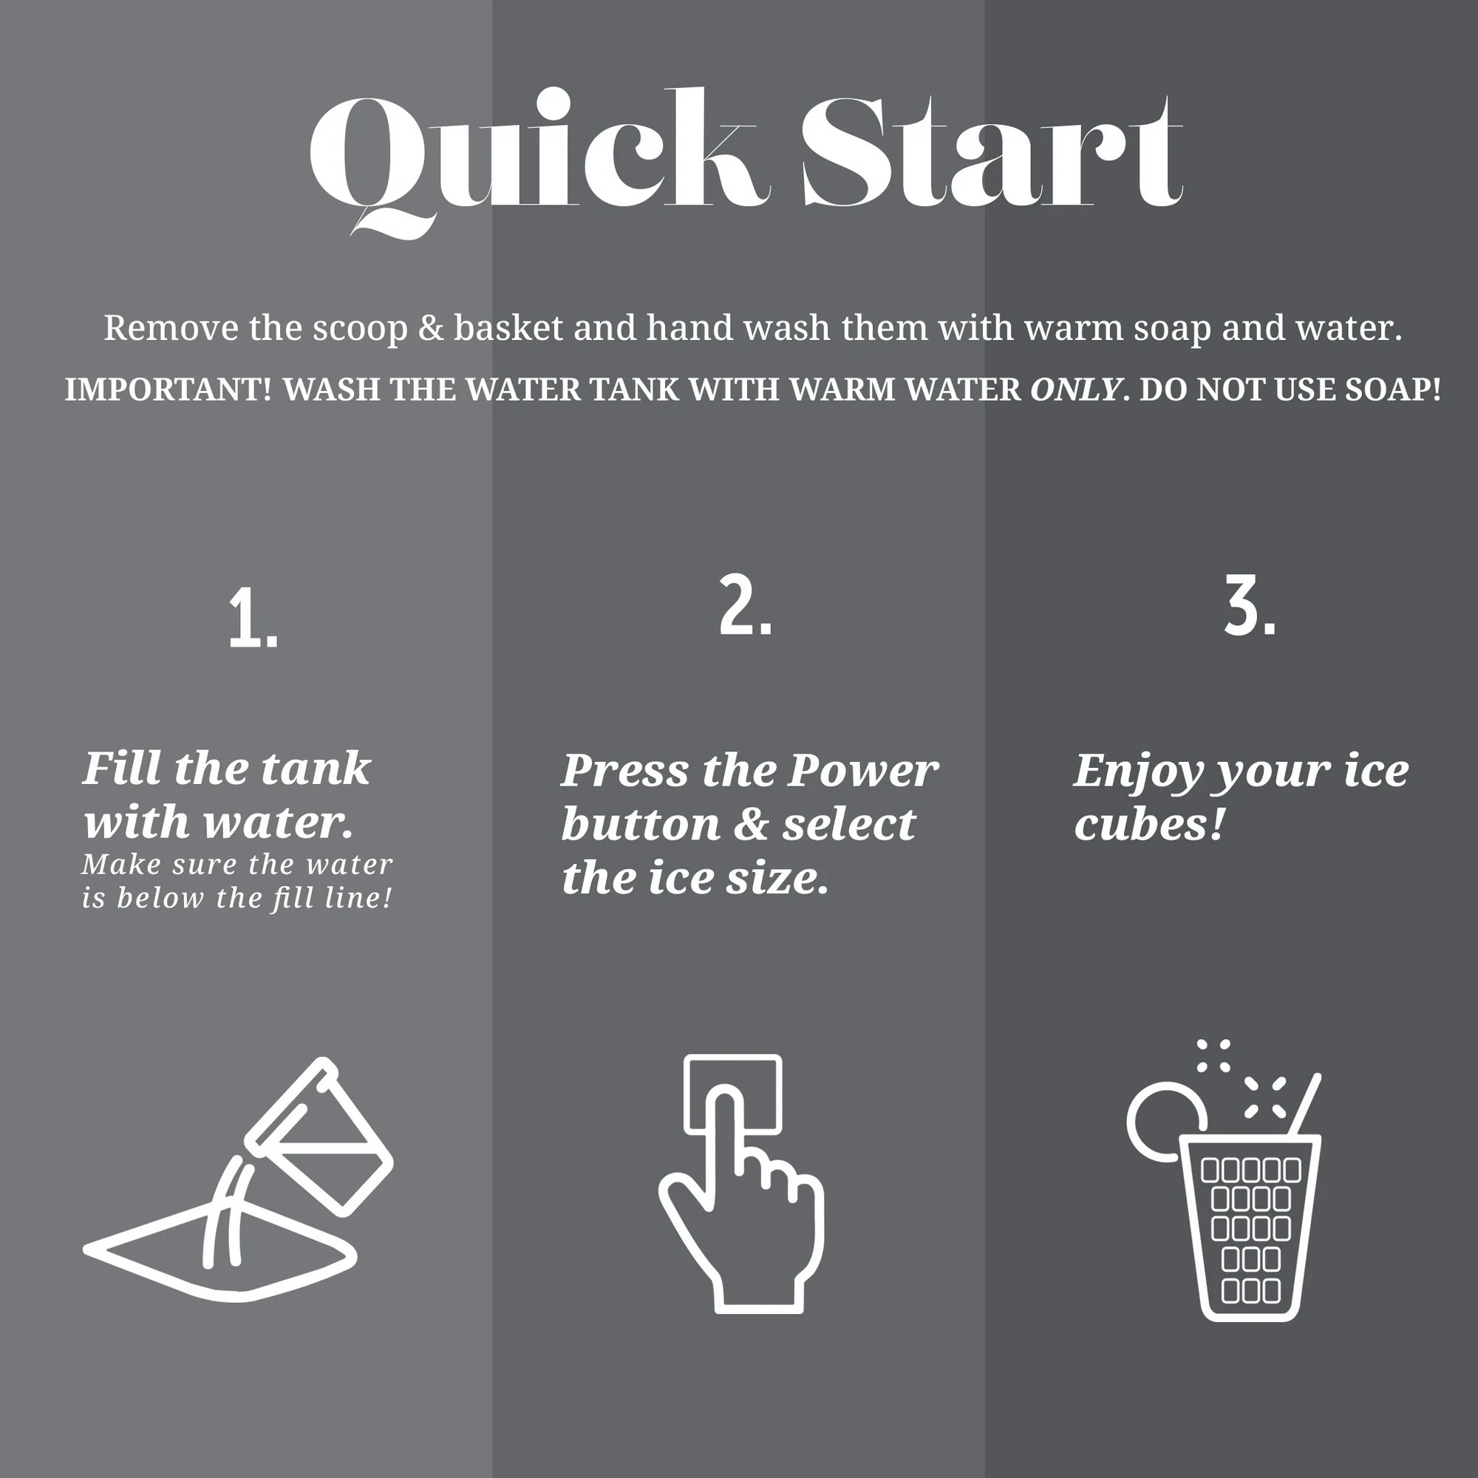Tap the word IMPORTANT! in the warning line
tap(168, 389)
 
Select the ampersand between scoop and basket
tap(431, 327)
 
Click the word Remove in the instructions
tap(171, 327)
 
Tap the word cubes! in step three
tap(1150, 824)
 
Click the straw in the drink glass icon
tap(1306, 1106)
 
